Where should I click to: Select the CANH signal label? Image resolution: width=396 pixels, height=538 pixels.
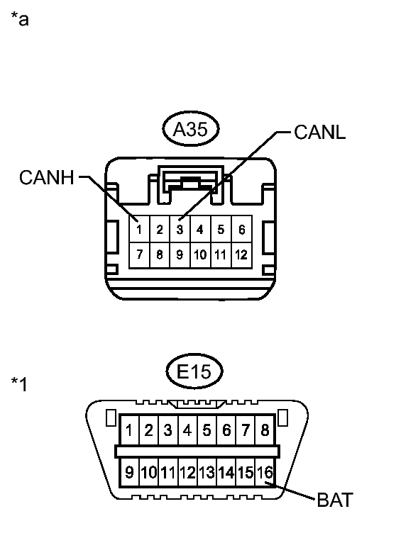point(47,177)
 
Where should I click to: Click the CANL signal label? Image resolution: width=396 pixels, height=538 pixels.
point(320,132)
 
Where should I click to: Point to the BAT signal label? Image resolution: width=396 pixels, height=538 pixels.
point(335,500)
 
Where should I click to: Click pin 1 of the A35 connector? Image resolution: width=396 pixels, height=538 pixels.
point(139,229)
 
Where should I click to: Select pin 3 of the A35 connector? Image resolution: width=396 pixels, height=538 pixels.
point(180,229)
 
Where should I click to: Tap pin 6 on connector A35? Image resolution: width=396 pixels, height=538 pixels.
point(242,229)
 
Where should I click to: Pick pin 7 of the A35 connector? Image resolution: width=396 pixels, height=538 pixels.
point(139,255)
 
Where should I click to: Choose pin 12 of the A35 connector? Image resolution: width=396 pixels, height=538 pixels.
point(242,255)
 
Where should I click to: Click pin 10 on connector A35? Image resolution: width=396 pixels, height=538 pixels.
point(200,255)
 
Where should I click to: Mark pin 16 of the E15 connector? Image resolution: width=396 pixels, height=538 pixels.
point(265,473)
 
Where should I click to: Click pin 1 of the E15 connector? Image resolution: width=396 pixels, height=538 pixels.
point(129,430)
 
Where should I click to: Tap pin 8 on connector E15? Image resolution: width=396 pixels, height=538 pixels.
point(265,430)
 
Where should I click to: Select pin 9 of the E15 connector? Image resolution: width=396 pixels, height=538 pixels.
point(129,473)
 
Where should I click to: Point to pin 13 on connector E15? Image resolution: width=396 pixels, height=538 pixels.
point(207,473)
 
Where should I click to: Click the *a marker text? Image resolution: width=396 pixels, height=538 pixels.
point(20,19)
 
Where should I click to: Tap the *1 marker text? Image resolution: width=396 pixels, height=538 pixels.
point(19,384)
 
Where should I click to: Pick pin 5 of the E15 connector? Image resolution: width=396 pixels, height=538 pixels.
point(207,430)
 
